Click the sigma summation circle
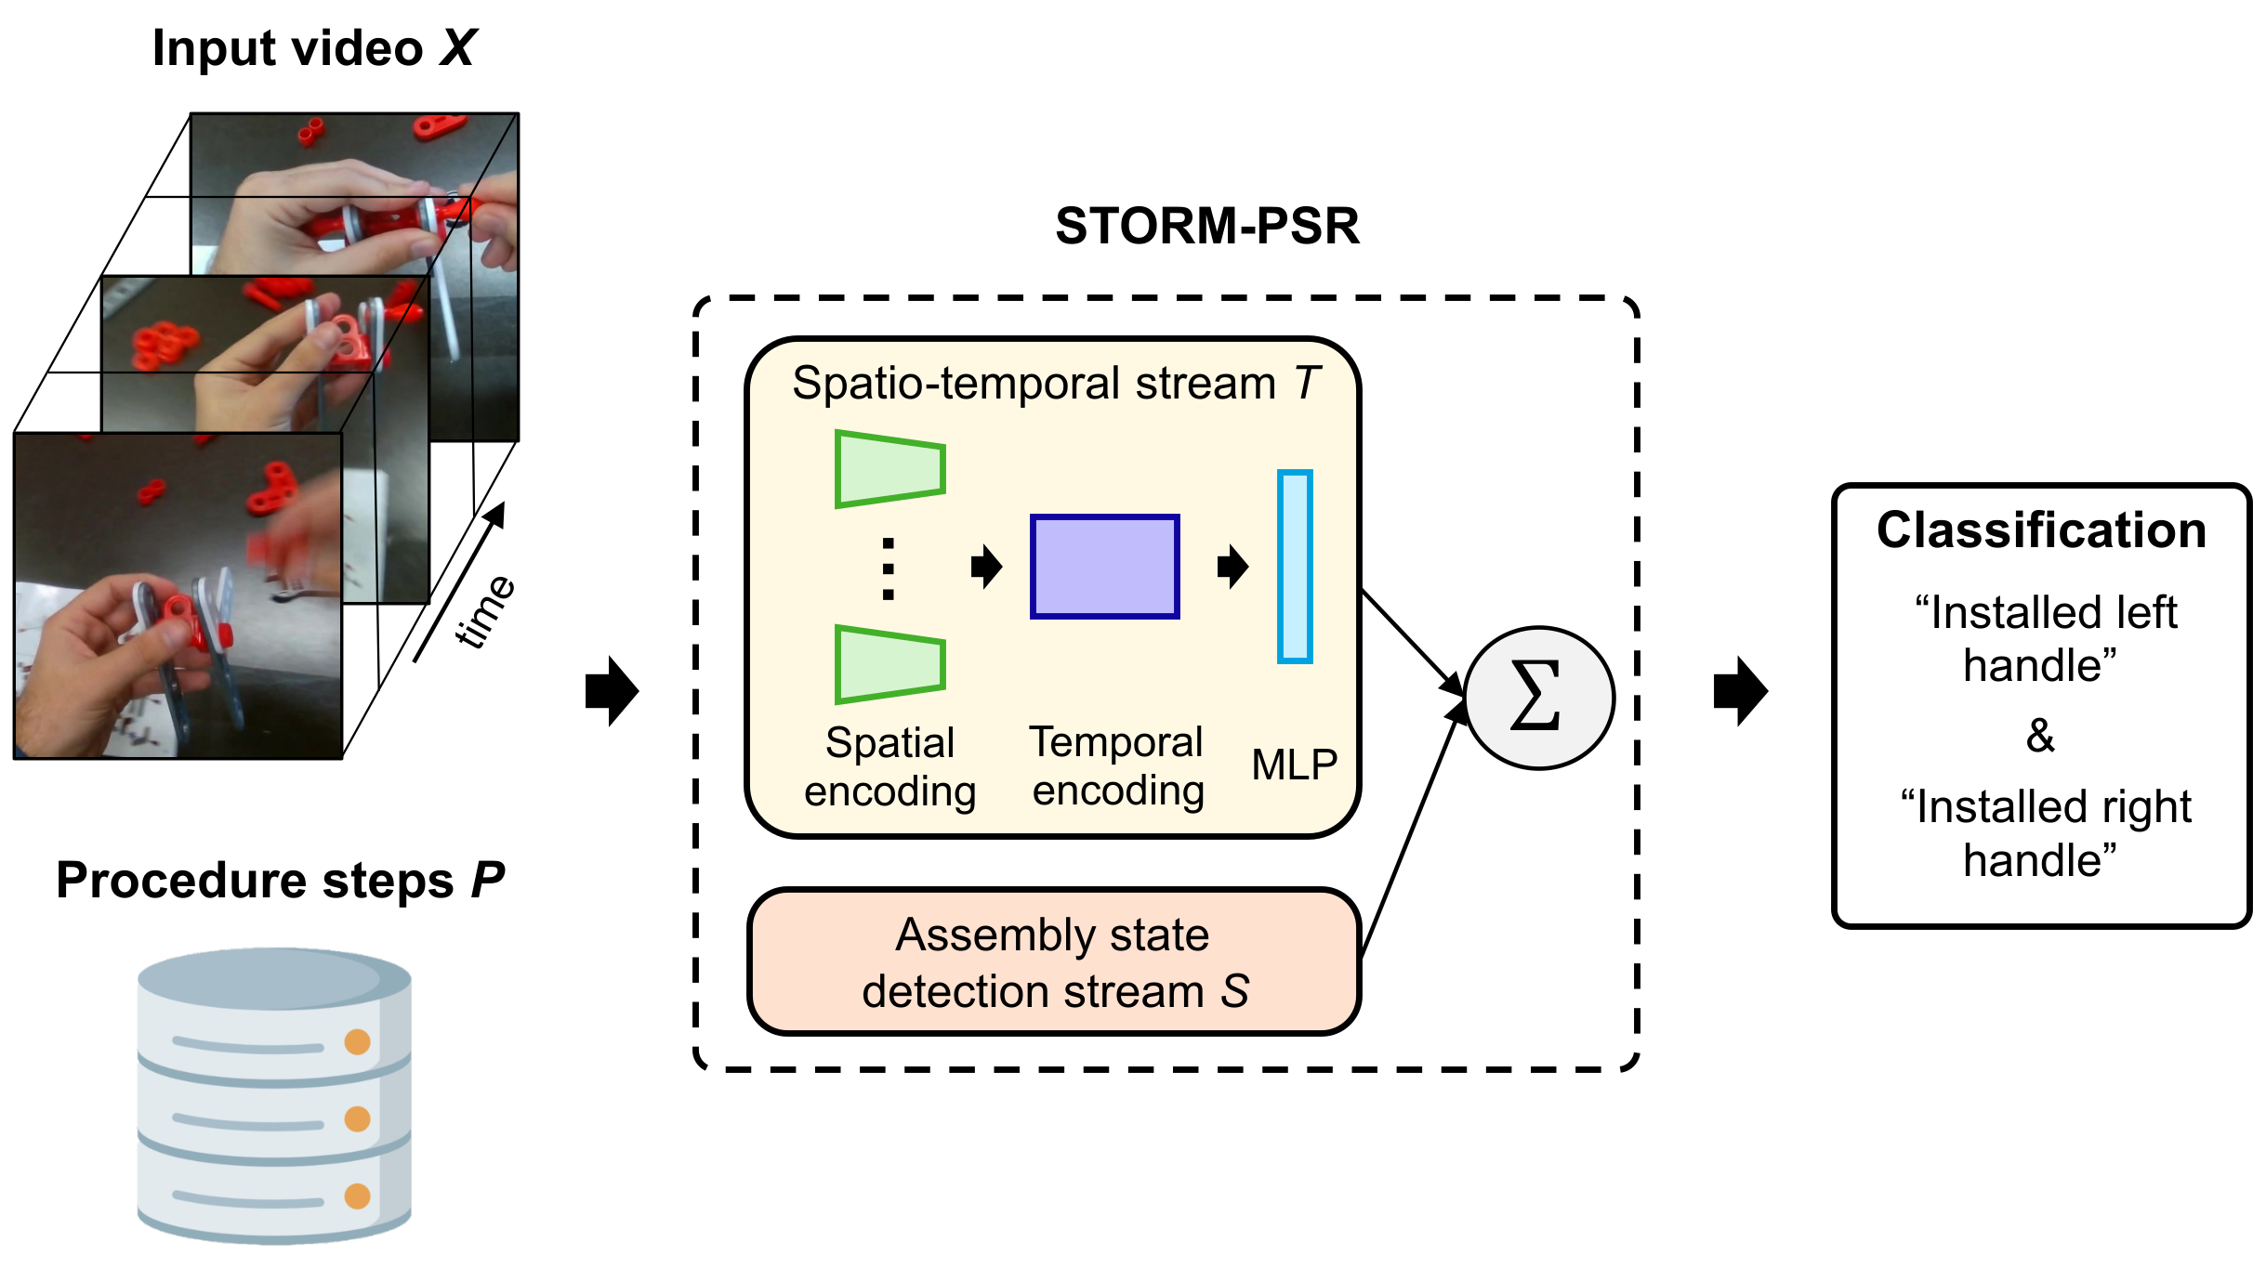pyautogui.click(x=1538, y=698)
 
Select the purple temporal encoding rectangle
pyautogui.click(x=1104, y=566)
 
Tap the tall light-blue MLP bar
pyautogui.click(x=1294, y=566)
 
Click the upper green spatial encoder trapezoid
pyautogui.click(x=889, y=469)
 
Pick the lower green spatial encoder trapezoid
pyautogui.click(x=889, y=664)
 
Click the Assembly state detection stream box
pyautogui.click(x=1054, y=961)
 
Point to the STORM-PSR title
pyautogui.click(x=1206, y=226)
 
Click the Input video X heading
pyautogui.click(x=314, y=48)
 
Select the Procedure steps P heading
pyautogui.click(x=280, y=880)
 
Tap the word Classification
pyautogui.click(x=2041, y=530)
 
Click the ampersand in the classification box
pyautogui.click(x=2040, y=735)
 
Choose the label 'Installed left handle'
pyautogui.click(x=2041, y=638)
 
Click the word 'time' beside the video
pyautogui.click(x=484, y=611)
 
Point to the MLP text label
pyautogui.click(x=1294, y=765)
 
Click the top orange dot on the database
pyautogui.click(x=357, y=1041)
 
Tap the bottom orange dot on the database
pyautogui.click(x=357, y=1196)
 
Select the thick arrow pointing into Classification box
pyautogui.click(x=1740, y=691)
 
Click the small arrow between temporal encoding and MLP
pyautogui.click(x=1232, y=566)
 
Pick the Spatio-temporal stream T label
pyautogui.click(x=1055, y=384)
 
